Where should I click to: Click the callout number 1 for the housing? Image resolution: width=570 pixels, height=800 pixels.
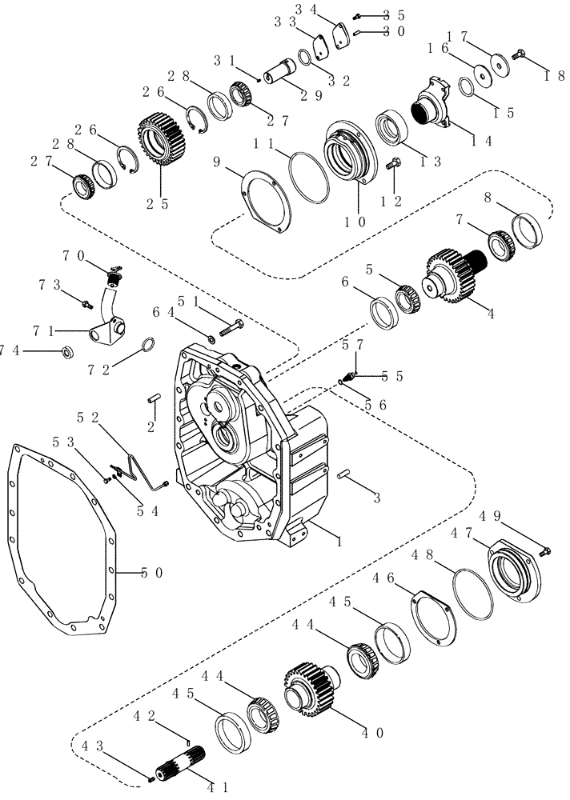coord(343,542)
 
